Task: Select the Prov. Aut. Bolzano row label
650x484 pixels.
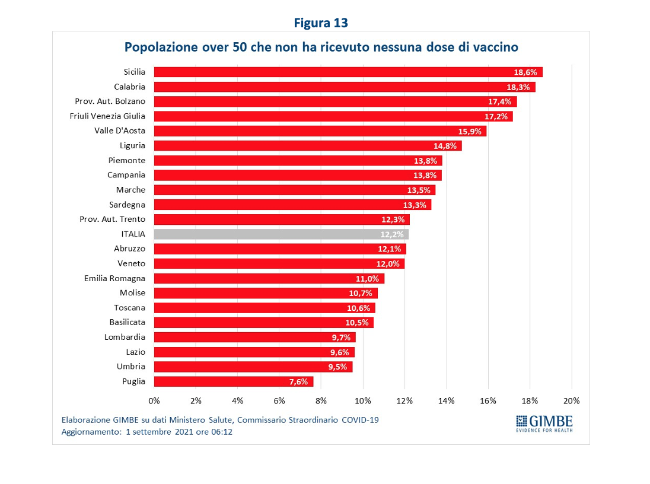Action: pos(110,101)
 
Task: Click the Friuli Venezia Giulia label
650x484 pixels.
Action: pos(107,116)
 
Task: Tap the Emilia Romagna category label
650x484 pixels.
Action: pos(114,278)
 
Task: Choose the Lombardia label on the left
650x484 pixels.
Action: pos(125,337)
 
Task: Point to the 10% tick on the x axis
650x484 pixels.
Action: pos(363,401)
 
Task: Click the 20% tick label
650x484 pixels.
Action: pos(572,401)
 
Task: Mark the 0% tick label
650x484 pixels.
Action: pos(154,401)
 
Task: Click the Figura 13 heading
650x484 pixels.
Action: pos(321,23)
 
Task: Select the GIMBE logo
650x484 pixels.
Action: pos(544,423)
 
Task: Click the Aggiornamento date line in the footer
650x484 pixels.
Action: pos(146,432)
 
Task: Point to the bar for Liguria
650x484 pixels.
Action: pos(308,146)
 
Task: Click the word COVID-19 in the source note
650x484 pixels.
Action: pos(360,420)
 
